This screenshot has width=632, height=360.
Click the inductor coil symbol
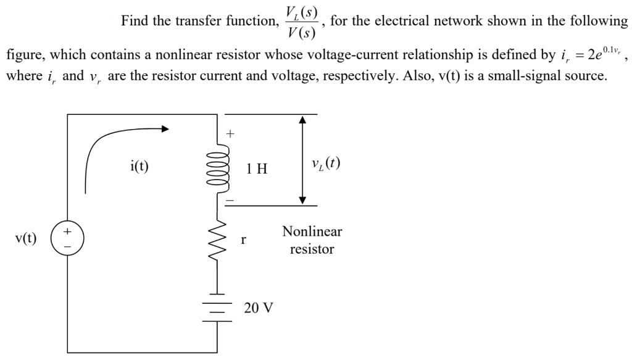click(x=220, y=168)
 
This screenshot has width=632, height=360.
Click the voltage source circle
click(x=67, y=238)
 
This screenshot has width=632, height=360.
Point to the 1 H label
click(x=257, y=169)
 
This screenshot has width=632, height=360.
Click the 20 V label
click(x=258, y=308)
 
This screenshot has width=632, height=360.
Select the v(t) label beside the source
click(x=26, y=238)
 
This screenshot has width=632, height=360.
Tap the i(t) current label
click(x=139, y=166)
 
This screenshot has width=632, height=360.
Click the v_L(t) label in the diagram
click(x=326, y=164)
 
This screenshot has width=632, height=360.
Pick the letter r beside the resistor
click(x=244, y=239)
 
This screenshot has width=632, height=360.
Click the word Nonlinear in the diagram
click(x=312, y=232)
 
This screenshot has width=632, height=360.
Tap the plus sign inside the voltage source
click(x=67, y=232)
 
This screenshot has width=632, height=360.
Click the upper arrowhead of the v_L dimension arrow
click(x=302, y=120)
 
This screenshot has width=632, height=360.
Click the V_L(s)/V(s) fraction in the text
click(x=301, y=22)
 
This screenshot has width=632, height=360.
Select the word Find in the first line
click(x=135, y=21)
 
